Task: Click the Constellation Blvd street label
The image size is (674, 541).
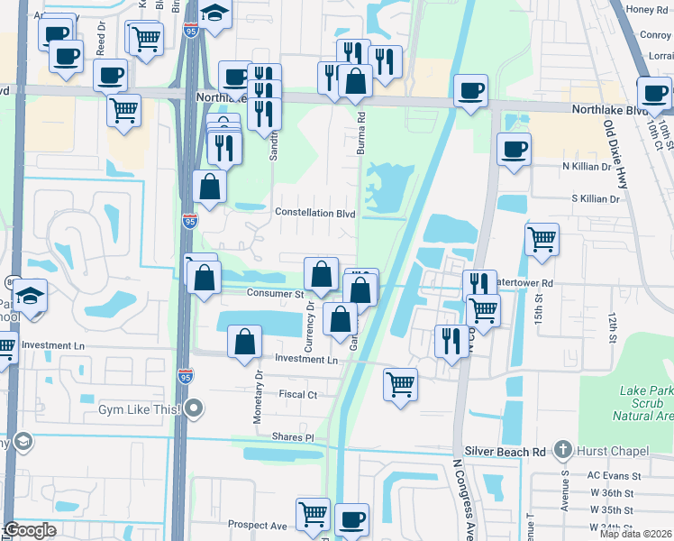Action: (x=315, y=214)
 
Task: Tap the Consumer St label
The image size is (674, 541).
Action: (x=275, y=293)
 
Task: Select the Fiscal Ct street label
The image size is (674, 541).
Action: (x=298, y=395)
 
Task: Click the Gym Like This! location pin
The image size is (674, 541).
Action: (x=195, y=410)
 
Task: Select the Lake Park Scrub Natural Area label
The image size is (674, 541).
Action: (x=642, y=403)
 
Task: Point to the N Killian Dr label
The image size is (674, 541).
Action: (x=591, y=167)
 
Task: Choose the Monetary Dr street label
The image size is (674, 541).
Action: (x=260, y=387)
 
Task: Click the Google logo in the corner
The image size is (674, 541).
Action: (x=30, y=530)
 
